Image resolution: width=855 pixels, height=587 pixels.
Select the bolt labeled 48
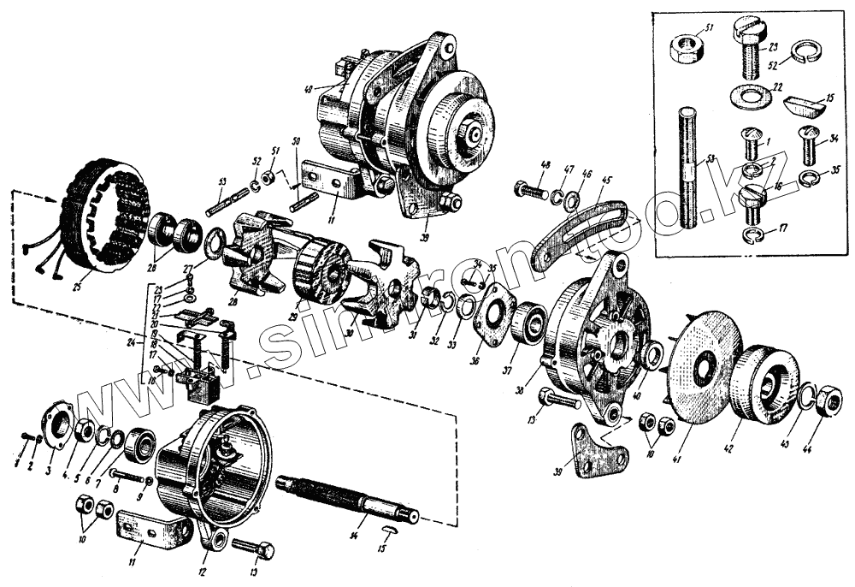coord(531,190)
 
